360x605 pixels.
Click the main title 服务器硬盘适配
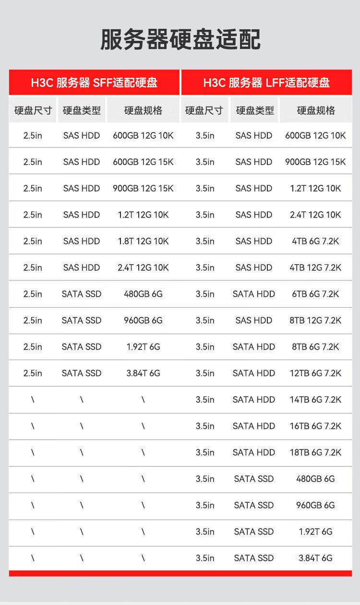click(x=180, y=39)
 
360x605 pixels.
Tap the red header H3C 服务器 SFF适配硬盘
click(x=94, y=82)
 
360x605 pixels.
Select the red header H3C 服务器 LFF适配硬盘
click(x=266, y=82)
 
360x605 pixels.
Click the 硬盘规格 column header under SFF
click(x=143, y=110)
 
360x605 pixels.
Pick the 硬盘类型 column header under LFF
click(x=254, y=110)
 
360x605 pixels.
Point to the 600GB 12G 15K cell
click(x=143, y=162)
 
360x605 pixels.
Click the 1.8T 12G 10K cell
click(x=143, y=241)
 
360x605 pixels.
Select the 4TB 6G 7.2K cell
click(x=315, y=241)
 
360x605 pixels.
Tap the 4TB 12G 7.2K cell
click(x=315, y=267)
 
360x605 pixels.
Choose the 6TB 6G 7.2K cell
click(x=315, y=294)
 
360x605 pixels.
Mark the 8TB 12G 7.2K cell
click(x=315, y=320)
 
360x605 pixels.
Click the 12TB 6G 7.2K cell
click(x=315, y=373)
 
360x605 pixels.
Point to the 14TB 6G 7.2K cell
click(x=315, y=399)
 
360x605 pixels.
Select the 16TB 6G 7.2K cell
click(x=315, y=426)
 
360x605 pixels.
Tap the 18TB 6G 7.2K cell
click(x=315, y=452)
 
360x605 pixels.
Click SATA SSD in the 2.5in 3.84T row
click(x=82, y=373)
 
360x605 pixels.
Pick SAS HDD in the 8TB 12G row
click(x=254, y=320)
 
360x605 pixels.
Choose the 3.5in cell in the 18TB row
click(x=205, y=452)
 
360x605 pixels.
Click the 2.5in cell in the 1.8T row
click(x=33, y=241)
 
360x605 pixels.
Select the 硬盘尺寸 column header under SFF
click(x=33, y=110)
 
